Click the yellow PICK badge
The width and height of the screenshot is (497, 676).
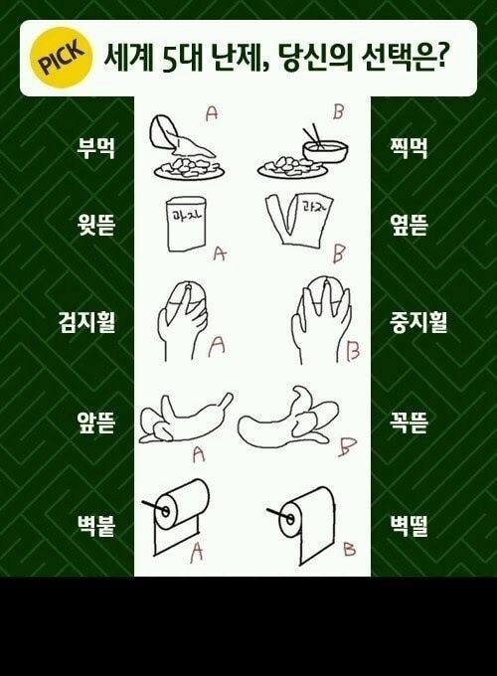point(62,58)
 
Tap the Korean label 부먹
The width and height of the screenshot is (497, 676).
point(95,148)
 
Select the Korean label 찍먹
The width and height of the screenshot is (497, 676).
point(408,148)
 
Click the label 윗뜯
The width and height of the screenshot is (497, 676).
point(95,225)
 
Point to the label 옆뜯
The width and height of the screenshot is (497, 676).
point(408,225)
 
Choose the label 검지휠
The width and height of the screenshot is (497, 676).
point(86,322)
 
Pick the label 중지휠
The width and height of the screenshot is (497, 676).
point(418,322)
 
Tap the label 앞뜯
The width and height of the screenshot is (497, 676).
point(95,422)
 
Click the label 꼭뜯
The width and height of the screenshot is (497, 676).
point(408,422)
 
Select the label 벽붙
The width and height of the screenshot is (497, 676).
point(95,526)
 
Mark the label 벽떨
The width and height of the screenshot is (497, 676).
point(408,526)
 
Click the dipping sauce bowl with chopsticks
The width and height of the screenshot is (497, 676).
point(325,146)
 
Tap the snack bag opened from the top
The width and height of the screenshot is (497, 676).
point(185,224)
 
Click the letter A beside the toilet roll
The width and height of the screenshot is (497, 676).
point(197,551)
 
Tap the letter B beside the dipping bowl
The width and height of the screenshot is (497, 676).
point(338,112)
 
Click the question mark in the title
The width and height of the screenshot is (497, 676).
point(439,58)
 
